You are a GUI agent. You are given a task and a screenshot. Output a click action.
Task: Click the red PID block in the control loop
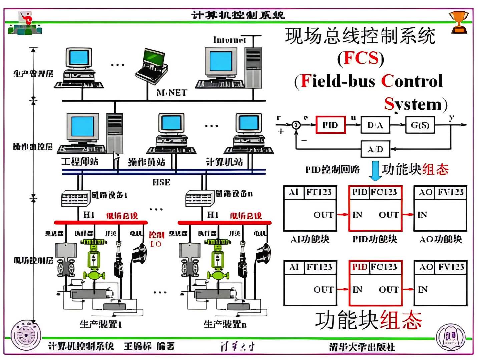tap(330, 125)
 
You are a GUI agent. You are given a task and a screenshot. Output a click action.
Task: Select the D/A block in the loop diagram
tap(375, 125)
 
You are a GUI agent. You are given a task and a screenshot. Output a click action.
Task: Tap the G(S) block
tap(420, 125)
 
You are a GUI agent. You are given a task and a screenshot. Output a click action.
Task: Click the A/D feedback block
tap(375, 149)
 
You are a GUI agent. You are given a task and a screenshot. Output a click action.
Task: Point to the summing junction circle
tap(296, 125)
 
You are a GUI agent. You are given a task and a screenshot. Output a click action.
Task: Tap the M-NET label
tap(172, 93)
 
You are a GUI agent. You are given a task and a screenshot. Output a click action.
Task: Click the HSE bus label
tap(161, 182)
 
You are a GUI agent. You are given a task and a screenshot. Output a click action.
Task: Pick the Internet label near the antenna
tap(229, 40)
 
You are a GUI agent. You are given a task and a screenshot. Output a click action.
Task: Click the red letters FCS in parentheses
tap(361, 58)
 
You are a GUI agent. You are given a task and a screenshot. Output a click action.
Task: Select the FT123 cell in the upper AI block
tap(319, 192)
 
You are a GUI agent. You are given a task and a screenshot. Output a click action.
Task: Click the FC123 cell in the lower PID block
tap(384, 267)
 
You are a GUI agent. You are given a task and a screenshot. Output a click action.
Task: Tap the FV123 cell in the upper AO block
tap(451, 192)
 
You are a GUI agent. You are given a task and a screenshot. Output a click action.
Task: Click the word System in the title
tap(413, 104)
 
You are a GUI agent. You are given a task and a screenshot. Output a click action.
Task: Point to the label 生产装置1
tap(100, 324)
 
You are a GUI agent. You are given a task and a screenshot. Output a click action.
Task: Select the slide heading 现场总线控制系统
tap(360, 36)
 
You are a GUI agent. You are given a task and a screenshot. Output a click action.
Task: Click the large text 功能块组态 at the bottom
tap(369, 320)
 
